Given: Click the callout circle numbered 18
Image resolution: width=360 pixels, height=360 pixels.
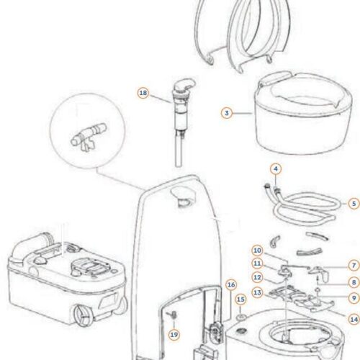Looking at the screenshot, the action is pyautogui.click(x=143, y=93).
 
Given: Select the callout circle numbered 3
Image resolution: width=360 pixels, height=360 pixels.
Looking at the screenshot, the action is pyautogui.click(x=227, y=113).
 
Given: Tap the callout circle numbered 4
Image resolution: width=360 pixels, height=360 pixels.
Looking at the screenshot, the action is pyautogui.click(x=276, y=169).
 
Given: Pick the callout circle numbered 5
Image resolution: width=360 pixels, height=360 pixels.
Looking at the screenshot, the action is pyautogui.click(x=354, y=204).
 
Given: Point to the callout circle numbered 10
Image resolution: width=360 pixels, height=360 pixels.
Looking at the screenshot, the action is pyautogui.click(x=257, y=251).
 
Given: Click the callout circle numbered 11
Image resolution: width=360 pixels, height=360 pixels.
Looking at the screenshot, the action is pyautogui.click(x=257, y=264).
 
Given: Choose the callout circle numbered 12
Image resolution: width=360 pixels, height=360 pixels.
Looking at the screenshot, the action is pyautogui.click(x=257, y=277).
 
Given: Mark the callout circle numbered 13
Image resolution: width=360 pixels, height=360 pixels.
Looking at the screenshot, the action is pyautogui.click(x=257, y=293).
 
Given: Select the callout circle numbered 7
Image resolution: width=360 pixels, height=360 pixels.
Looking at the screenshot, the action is pyautogui.click(x=354, y=266).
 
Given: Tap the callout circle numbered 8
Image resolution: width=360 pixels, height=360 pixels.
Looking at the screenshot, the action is pyautogui.click(x=354, y=282).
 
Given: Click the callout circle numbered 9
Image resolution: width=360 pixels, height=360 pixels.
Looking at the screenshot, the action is pyautogui.click(x=354, y=298).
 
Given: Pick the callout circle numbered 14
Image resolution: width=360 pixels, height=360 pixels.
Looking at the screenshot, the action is pyautogui.click(x=354, y=320).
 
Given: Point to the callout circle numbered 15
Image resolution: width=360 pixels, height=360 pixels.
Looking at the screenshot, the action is pyautogui.click(x=240, y=300).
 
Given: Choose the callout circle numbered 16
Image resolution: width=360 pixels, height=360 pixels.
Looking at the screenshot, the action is pyautogui.click(x=231, y=285).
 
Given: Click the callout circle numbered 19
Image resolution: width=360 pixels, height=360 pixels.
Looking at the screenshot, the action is pyautogui.click(x=174, y=335).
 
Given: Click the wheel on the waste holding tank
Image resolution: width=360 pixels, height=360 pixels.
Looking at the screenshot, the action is pyautogui.click(x=82, y=315).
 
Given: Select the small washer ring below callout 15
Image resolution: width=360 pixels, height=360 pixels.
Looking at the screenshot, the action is pyautogui.click(x=241, y=318).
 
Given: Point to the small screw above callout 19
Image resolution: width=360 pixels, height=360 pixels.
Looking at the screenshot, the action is pyautogui.click(x=174, y=315).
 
